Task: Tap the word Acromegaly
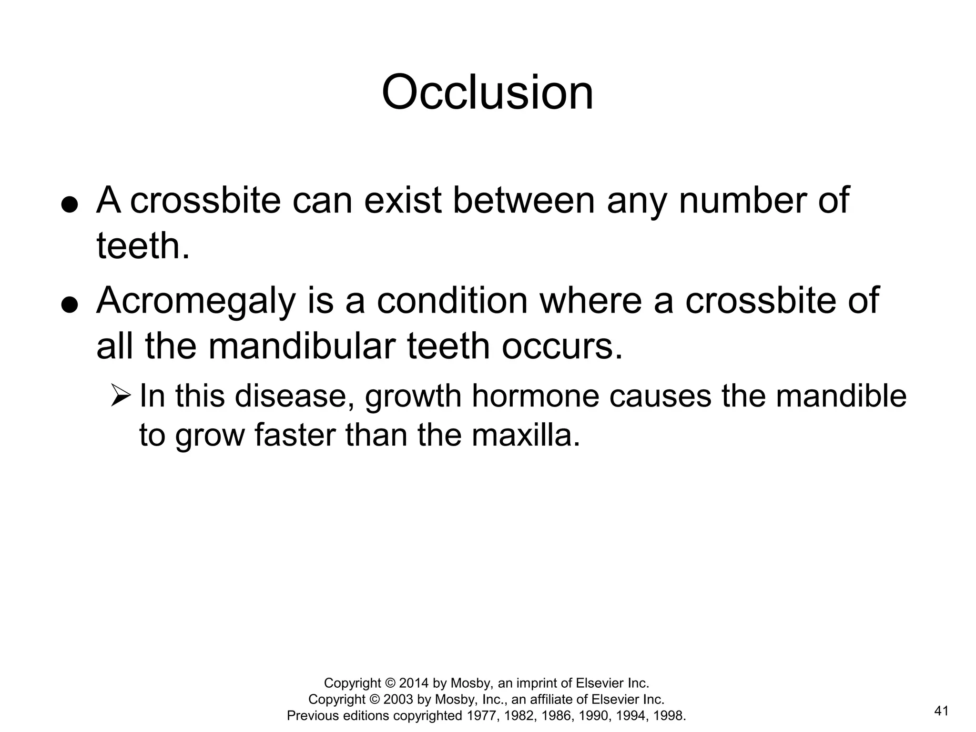(x=196, y=302)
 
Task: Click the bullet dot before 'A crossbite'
(x=70, y=205)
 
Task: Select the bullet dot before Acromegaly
(x=70, y=305)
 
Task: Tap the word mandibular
(x=302, y=346)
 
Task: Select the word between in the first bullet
(x=524, y=200)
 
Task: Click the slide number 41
(x=941, y=712)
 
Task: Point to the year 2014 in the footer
(x=414, y=683)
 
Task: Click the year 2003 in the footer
(x=398, y=699)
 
